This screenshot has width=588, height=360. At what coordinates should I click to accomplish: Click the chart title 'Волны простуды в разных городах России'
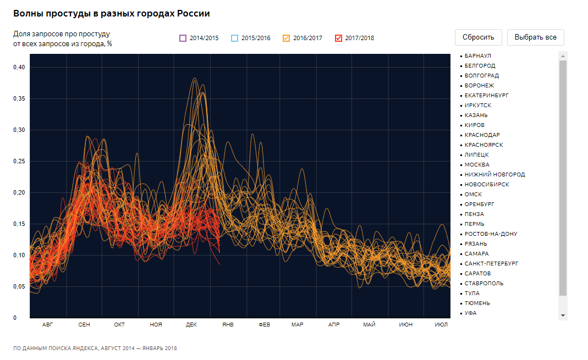[x=112, y=13]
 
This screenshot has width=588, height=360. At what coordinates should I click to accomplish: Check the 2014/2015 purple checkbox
[x=183, y=38]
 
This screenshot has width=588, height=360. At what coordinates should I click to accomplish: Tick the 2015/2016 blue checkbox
[x=234, y=38]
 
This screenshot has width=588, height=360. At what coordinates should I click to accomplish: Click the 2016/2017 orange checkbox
[x=286, y=38]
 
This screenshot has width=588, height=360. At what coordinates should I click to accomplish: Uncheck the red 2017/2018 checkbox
[x=338, y=38]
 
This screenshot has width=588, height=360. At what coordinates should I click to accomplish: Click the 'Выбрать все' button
[x=535, y=37]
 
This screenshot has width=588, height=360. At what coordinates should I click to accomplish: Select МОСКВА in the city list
[x=476, y=165]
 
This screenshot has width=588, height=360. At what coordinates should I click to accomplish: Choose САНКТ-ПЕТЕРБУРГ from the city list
[x=491, y=264]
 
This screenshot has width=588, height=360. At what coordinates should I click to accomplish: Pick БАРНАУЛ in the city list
[x=477, y=56]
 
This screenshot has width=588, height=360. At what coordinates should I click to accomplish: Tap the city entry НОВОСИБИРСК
[x=486, y=185]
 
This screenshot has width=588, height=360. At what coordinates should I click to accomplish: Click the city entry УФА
[x=470, y=313]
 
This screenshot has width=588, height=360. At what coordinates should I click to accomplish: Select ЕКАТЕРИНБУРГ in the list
[x=486, y=96]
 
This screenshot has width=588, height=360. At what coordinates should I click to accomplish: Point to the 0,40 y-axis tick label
[x=19, y=67]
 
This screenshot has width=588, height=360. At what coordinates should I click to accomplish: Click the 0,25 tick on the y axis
[x=19, y=161]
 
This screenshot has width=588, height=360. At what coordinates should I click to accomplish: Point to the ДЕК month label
[x=191, y=325]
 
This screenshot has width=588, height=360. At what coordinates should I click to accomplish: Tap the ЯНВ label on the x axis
[x=228, y=325]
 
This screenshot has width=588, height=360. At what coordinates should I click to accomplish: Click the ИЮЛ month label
[x=441, y=325]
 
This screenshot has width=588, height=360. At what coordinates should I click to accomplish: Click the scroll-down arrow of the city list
[x=563, y=315]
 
